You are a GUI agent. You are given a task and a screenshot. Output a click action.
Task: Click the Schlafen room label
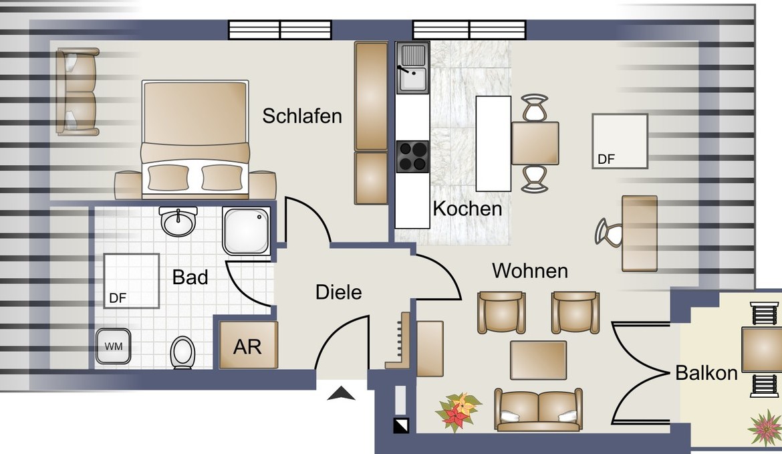coord(302,116)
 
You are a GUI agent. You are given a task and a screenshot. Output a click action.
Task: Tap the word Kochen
coord(467,209)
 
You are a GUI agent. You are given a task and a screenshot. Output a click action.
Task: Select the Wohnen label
coord(530,271)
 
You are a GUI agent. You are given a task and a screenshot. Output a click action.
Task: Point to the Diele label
coord(339,292)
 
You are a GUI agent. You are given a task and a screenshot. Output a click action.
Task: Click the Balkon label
coord(706,372)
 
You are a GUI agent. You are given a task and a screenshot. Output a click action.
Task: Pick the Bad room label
coord(190,277)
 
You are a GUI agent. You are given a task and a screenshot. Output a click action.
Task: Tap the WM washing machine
coord(113,346)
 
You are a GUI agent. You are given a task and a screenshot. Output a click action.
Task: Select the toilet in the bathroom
coord(182,353)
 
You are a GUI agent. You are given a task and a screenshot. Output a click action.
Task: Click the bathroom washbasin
coord(178,221)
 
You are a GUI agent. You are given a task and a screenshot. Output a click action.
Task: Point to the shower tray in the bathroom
coord(247,231)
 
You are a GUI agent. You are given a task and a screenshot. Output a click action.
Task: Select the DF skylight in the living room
coord(620,141)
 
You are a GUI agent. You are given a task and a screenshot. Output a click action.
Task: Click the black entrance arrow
coord(341,393)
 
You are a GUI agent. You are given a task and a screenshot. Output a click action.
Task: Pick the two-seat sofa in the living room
coord(539,410)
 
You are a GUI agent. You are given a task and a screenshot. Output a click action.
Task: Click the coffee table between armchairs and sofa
coord(538,360)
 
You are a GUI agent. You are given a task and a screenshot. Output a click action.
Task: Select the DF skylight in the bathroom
coord(132,281)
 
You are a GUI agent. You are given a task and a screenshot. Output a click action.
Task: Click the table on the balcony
coord(761,350)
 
